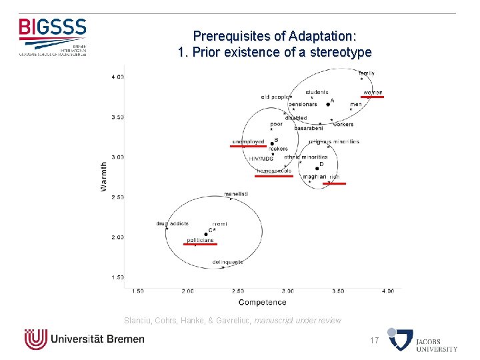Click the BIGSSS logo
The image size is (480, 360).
[x=53, y=37]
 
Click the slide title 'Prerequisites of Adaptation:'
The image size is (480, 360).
[x=275, y=36]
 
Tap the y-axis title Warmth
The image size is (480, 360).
[x=103, y=176]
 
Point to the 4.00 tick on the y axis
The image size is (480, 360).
[x=117, y=77]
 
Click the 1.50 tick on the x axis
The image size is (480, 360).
[x=138, y=291]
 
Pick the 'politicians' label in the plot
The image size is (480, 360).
[x=200, y=240]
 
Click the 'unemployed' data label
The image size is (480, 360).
[x=248, y=141]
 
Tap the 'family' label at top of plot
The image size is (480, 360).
[x=366, y=73]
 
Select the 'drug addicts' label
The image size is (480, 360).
[x=173, y=223]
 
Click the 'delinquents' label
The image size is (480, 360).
[x=227, y=262]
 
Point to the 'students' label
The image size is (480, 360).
[x=317, y=92]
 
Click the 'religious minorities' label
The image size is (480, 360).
[x=334, y=141]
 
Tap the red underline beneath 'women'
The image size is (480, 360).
[x=373, y=97]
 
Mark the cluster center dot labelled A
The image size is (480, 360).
[x=329, y=104]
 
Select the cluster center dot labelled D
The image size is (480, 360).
[x=317, y=169]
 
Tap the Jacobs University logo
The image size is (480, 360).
[x=423, y=340]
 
